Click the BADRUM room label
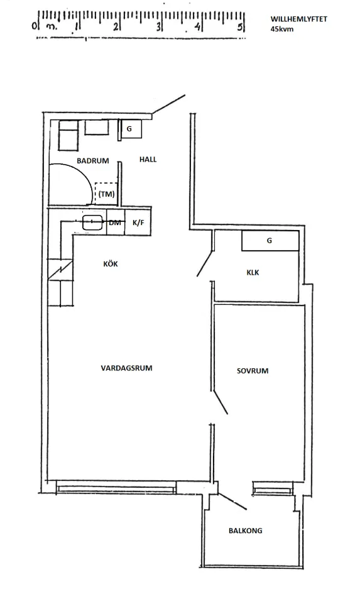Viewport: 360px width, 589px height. tap(93, 161)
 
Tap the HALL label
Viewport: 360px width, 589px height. tap(148, 159)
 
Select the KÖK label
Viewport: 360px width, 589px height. tap(111, 263)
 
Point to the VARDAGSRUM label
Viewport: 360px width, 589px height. tap(126, 368)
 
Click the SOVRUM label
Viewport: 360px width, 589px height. tap(253, 371)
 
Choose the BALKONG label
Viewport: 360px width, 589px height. tap(246, 531)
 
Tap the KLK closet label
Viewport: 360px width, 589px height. tap(253, 272)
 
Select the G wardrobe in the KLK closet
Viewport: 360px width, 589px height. tap(270, 240)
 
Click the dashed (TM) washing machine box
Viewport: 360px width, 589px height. tap(106, 194)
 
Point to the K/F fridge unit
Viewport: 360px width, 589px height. tap(138, 223)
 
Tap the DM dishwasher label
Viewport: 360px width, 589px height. tap(115, 223)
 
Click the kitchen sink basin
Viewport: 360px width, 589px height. tap(93, 223)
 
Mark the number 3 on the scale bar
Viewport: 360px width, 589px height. tap(159, 26)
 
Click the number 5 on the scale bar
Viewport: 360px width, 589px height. tap(240, 26)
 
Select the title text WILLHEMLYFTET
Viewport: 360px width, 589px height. tap(299, 19)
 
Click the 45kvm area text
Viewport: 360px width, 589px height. tap(282, 29)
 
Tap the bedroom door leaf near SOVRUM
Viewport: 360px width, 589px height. tap(221, 402)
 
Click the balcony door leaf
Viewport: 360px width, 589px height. tap(232, 501)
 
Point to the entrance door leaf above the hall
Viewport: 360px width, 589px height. tap(168, 104)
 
